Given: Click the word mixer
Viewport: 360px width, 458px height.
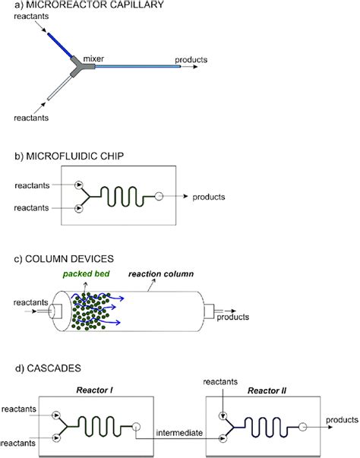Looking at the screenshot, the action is point(93,58).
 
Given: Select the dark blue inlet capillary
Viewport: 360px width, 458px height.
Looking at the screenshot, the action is point(60,46).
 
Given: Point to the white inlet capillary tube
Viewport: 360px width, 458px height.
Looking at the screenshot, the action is point(59,88).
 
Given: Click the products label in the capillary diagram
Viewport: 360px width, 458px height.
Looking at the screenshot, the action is point(191,60).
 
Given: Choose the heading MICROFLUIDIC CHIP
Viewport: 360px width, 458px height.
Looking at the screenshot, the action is point(74,156).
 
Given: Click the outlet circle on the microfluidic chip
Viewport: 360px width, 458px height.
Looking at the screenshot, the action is point(159,196).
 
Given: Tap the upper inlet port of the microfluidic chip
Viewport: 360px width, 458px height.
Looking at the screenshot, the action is point(79,185).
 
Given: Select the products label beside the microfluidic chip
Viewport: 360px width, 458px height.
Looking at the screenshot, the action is point(208,197).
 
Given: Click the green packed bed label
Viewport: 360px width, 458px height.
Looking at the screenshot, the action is point(86,274).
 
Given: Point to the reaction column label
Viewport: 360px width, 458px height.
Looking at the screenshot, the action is point(161,274).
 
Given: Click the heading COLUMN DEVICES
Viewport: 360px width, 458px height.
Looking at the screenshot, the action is point(69,259).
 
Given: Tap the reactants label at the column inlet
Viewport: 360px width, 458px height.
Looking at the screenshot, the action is point(30,302).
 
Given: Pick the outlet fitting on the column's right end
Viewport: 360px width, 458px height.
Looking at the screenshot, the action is point(209,311).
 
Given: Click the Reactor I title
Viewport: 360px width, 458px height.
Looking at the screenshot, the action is point(94,390).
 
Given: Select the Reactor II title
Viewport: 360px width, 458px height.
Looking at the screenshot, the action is point(267,390).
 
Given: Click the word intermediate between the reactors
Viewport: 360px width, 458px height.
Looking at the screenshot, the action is point(179,433).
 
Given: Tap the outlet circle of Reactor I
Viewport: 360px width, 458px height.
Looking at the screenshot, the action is point(136,427).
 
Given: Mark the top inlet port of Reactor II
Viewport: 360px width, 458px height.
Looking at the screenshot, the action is point(223,415).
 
